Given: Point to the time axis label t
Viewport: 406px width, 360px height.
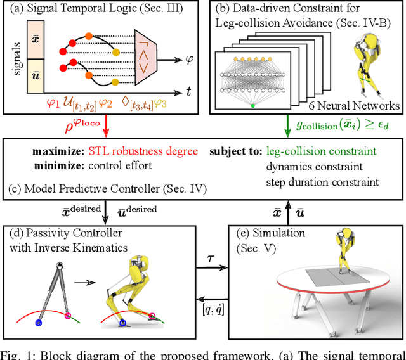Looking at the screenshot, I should click(x=189, y=92).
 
